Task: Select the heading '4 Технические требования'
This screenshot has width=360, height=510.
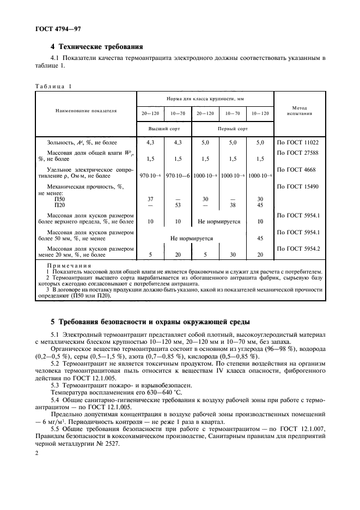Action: point(100,46)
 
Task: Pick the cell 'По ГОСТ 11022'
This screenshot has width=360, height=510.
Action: point(299,142)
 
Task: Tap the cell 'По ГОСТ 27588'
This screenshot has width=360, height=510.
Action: point(299,153)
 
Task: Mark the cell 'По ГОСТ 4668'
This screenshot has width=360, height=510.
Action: point(297,170)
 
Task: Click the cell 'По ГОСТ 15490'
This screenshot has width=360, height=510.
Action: point(299,187)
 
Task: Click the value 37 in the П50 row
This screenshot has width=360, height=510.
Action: point(150,199)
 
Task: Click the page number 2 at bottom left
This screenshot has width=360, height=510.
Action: point(38,452)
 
